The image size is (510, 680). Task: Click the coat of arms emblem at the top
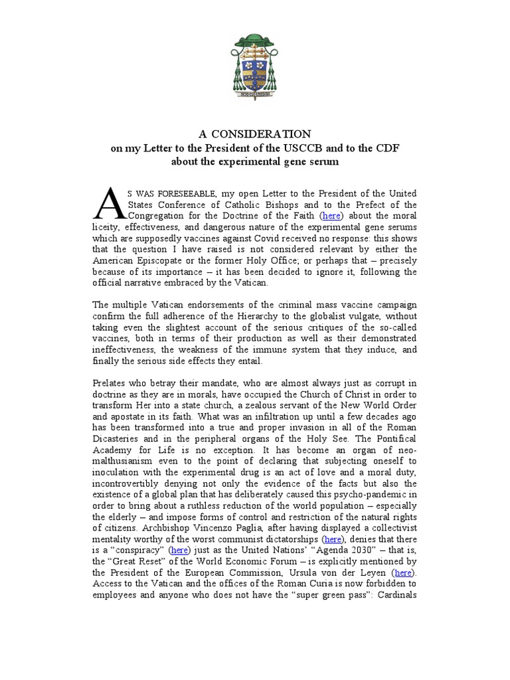(x=255, y=64)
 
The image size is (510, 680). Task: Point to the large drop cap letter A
(x=108, y=204)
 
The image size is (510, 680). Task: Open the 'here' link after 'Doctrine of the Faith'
(x=332, y=216)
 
